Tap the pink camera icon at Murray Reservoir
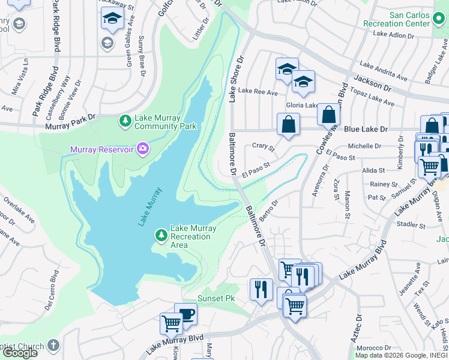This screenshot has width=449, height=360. point(142,148)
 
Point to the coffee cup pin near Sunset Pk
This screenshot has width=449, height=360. point(186,314)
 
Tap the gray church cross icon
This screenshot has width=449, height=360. point(53,346)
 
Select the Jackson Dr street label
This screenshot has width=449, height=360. point(372,83)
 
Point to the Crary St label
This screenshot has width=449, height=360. point(263,146)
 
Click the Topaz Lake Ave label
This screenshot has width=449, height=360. point(373,98)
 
